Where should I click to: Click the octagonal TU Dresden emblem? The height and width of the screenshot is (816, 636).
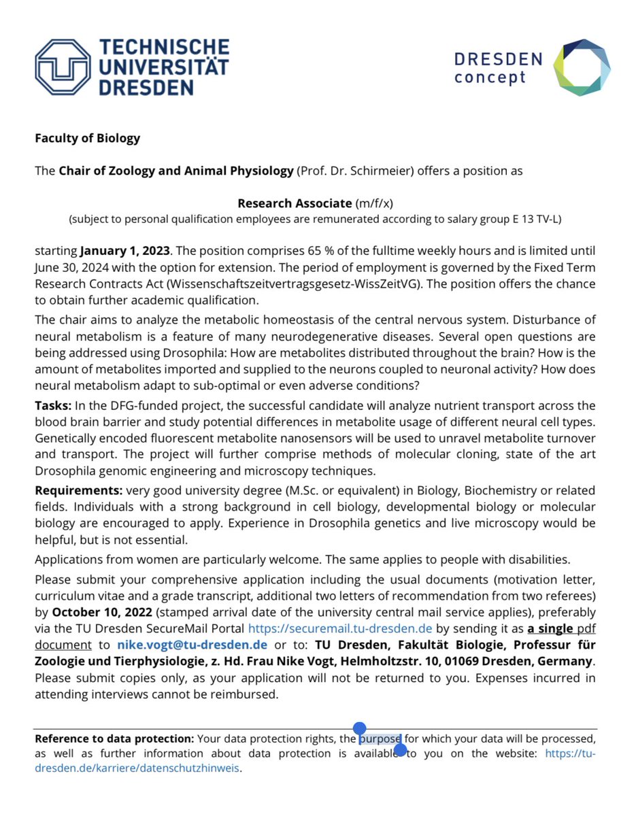(x=63, y=67)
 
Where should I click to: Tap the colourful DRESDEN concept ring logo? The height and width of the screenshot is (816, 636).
(x=582, y=67)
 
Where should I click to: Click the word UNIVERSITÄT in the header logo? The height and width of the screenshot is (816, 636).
(x=163, y=67)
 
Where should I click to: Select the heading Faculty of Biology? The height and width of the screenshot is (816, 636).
(x=87, y=138)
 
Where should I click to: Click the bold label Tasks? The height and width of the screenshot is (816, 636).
(x=52, y=406)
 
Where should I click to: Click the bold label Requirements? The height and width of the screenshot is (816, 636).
(x=76, y=490)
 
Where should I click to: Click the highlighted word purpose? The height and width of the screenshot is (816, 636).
(x=380, y=738)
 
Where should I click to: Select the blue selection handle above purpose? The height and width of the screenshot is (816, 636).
(x=360, y=729)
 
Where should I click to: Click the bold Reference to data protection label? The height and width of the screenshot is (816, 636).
(x=114, y=738)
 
